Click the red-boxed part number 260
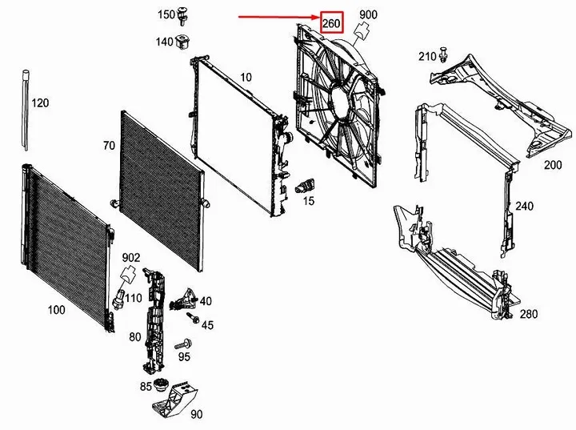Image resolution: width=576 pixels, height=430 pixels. coord(331,24)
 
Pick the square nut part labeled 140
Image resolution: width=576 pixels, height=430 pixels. coord(187,42)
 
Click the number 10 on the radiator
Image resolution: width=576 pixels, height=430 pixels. coord(245,77)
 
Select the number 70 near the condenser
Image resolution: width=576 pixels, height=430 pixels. coord(109,146)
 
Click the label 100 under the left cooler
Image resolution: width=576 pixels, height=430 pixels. coord(57,310)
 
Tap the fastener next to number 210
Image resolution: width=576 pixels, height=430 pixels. coord(445,56)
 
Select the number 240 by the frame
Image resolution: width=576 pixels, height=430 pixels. coord(524,207)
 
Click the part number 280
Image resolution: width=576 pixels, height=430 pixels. coord(529,314)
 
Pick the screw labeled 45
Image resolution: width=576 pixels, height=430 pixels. coord(194,319)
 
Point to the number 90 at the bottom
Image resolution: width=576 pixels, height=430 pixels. coord(197,414)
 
